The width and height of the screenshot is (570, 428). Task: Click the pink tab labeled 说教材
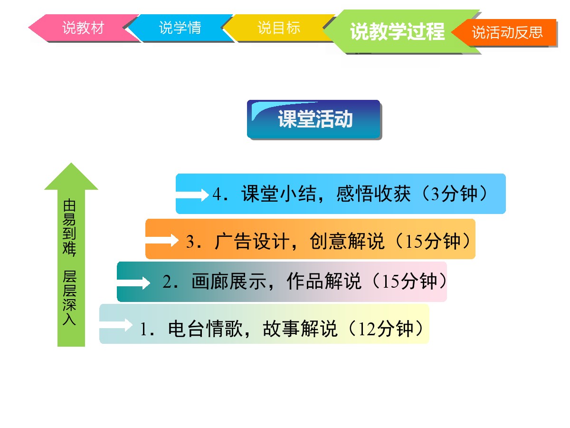[x=83, y=28]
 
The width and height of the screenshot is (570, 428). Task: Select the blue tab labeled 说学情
[x=180, y=28]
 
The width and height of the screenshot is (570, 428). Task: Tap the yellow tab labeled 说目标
[x=278, y=28]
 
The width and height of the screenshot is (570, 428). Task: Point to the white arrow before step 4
[x=192, y=195]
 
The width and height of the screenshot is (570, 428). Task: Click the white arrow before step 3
[x=161, y=240]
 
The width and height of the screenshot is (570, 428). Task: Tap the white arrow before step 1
[x=116, y=325]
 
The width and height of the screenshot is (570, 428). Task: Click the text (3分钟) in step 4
[x=455, y=194]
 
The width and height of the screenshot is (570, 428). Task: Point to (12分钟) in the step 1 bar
[x=385, y=329]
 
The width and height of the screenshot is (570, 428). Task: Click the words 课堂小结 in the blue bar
[x=278, y=194]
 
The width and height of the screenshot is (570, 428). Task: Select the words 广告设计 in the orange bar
[x=252, y=241]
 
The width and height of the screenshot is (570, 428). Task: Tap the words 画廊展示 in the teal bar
[x=229, y=282]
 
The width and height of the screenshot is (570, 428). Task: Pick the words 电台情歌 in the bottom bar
[x=205, y=329]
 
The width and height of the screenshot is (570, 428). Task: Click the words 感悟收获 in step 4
[x=373, y=194]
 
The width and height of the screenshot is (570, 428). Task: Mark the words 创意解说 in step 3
[x=347, y=241]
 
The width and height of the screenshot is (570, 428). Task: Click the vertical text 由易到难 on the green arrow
[x=69, y=228]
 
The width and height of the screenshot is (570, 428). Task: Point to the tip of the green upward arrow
[x=71, y=163]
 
